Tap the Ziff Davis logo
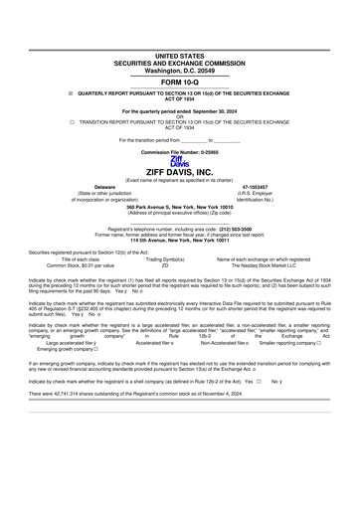pyautogui.click(x=179, y=161)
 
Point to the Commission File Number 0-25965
pyautogui.click(x=180, y=152)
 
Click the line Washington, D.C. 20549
pyautogui.click(x=180, y=72)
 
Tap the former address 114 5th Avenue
pyautogui.click(x=180, y=241)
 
